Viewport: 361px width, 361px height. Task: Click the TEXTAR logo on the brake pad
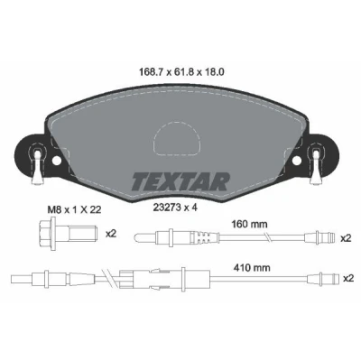click(180, 181)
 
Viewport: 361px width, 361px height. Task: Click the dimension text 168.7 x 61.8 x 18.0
click(181, 72)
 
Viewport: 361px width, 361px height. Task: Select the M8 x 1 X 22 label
click(74, 209)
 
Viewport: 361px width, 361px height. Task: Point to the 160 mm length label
click(249, 224)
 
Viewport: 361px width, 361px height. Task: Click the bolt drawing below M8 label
click(68, 234)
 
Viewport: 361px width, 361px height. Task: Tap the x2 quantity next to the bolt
click(111, 234)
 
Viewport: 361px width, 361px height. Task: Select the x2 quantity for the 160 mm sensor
click(346, 238)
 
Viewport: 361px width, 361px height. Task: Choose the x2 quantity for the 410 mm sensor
click(347, 279)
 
